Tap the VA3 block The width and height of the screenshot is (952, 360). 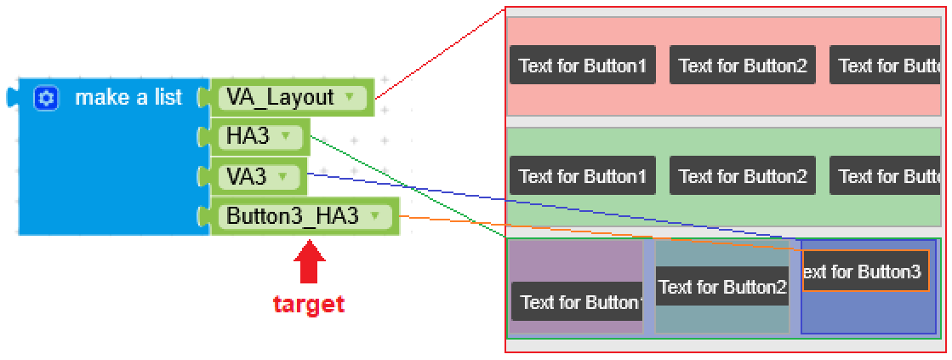(246, 176)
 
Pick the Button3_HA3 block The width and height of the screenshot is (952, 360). (292, 216)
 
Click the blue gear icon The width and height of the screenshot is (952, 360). (46, 99)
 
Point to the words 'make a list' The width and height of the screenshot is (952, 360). (128, 98)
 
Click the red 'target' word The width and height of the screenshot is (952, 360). (309, 304)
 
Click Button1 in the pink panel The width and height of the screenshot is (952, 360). (582, 66)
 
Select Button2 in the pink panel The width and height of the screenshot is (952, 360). (742, 66)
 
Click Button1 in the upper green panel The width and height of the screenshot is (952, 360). (582, 176)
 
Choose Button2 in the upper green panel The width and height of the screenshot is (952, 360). (742, 176)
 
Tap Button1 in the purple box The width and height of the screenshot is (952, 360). (577, 302)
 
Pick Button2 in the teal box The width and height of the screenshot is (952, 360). (721, 288)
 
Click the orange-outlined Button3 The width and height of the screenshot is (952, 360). (865, 271)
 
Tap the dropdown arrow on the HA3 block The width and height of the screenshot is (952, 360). (286, 136)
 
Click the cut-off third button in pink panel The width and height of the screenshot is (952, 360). (885, 66)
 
